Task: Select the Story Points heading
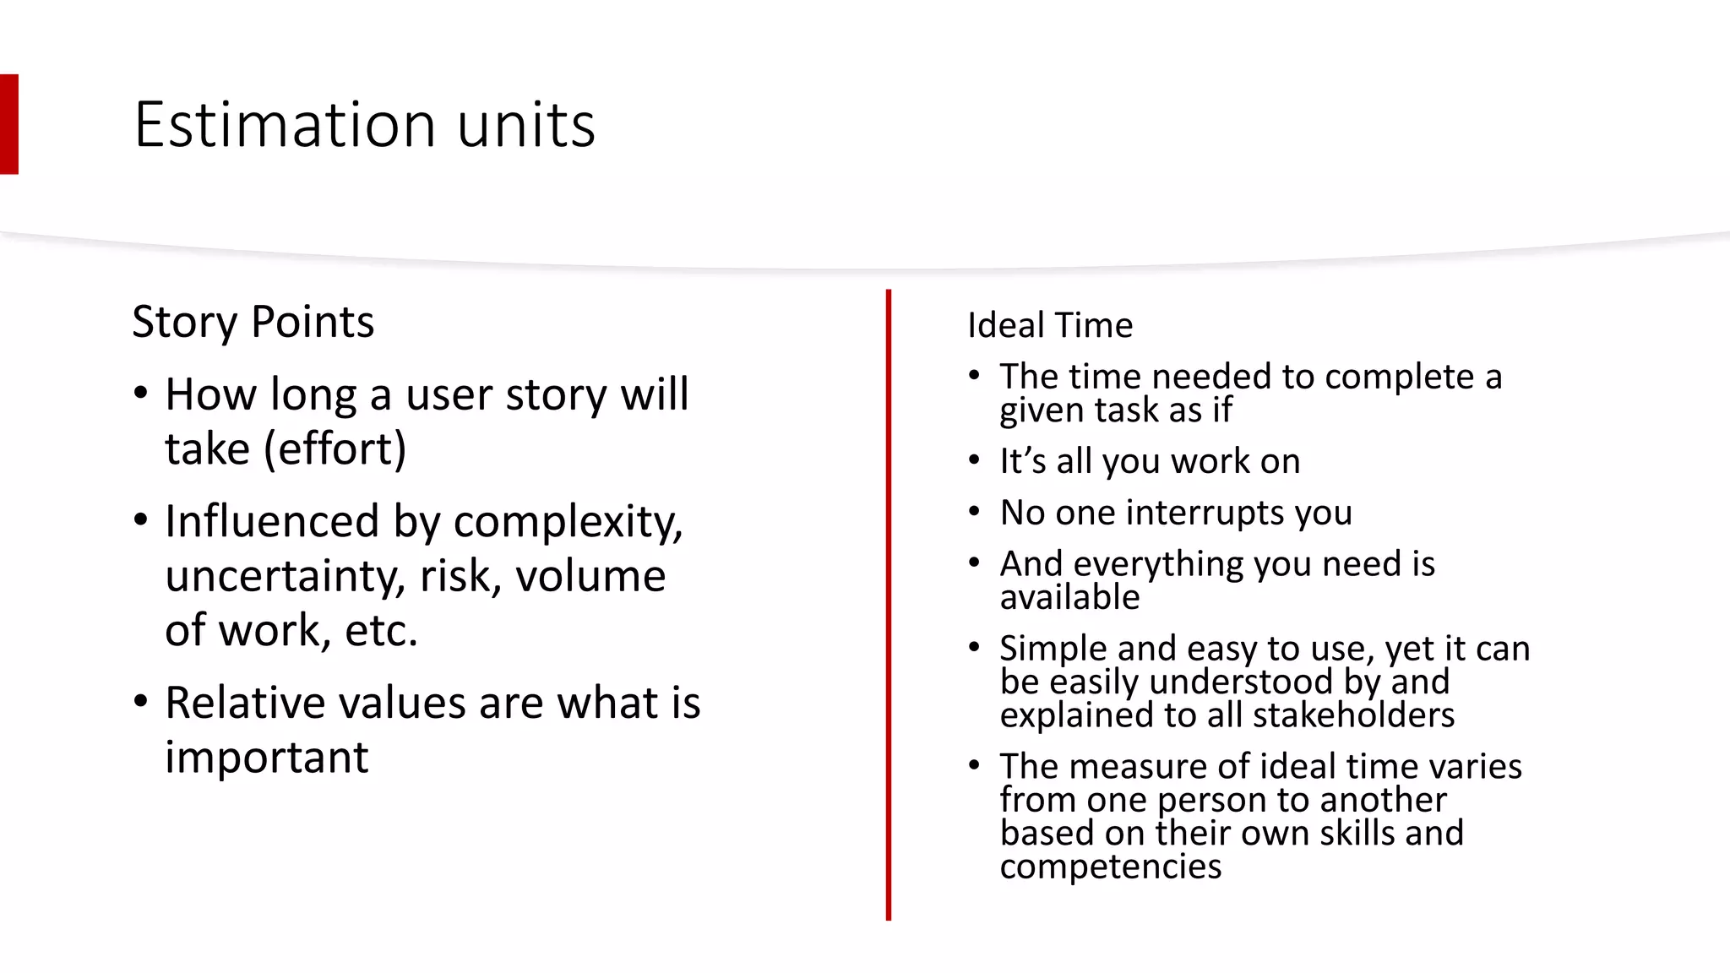click(x=253, y=322)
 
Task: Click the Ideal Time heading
click(x=1049, y=325)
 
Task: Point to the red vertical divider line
click(x=889, y=604)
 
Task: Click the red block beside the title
click(x=8, y=124)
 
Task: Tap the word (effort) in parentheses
click(x=335, y=448)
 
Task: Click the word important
click(x=266, y=757)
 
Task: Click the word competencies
click(x=1110, y=867)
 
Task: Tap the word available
click(x=1069, y=597)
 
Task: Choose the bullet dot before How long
click(x=141, y=394)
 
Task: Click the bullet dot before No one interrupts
click(x=974, y=512)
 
